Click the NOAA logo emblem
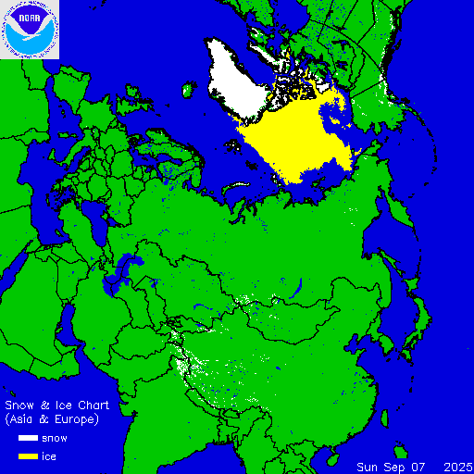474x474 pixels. point(30,30)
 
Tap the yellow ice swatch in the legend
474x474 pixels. point(25,456)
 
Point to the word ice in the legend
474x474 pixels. point(49,456)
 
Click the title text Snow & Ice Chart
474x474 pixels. point(57,405)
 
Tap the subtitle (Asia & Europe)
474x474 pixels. point(52,419)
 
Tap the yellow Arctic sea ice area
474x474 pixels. point(296,139)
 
